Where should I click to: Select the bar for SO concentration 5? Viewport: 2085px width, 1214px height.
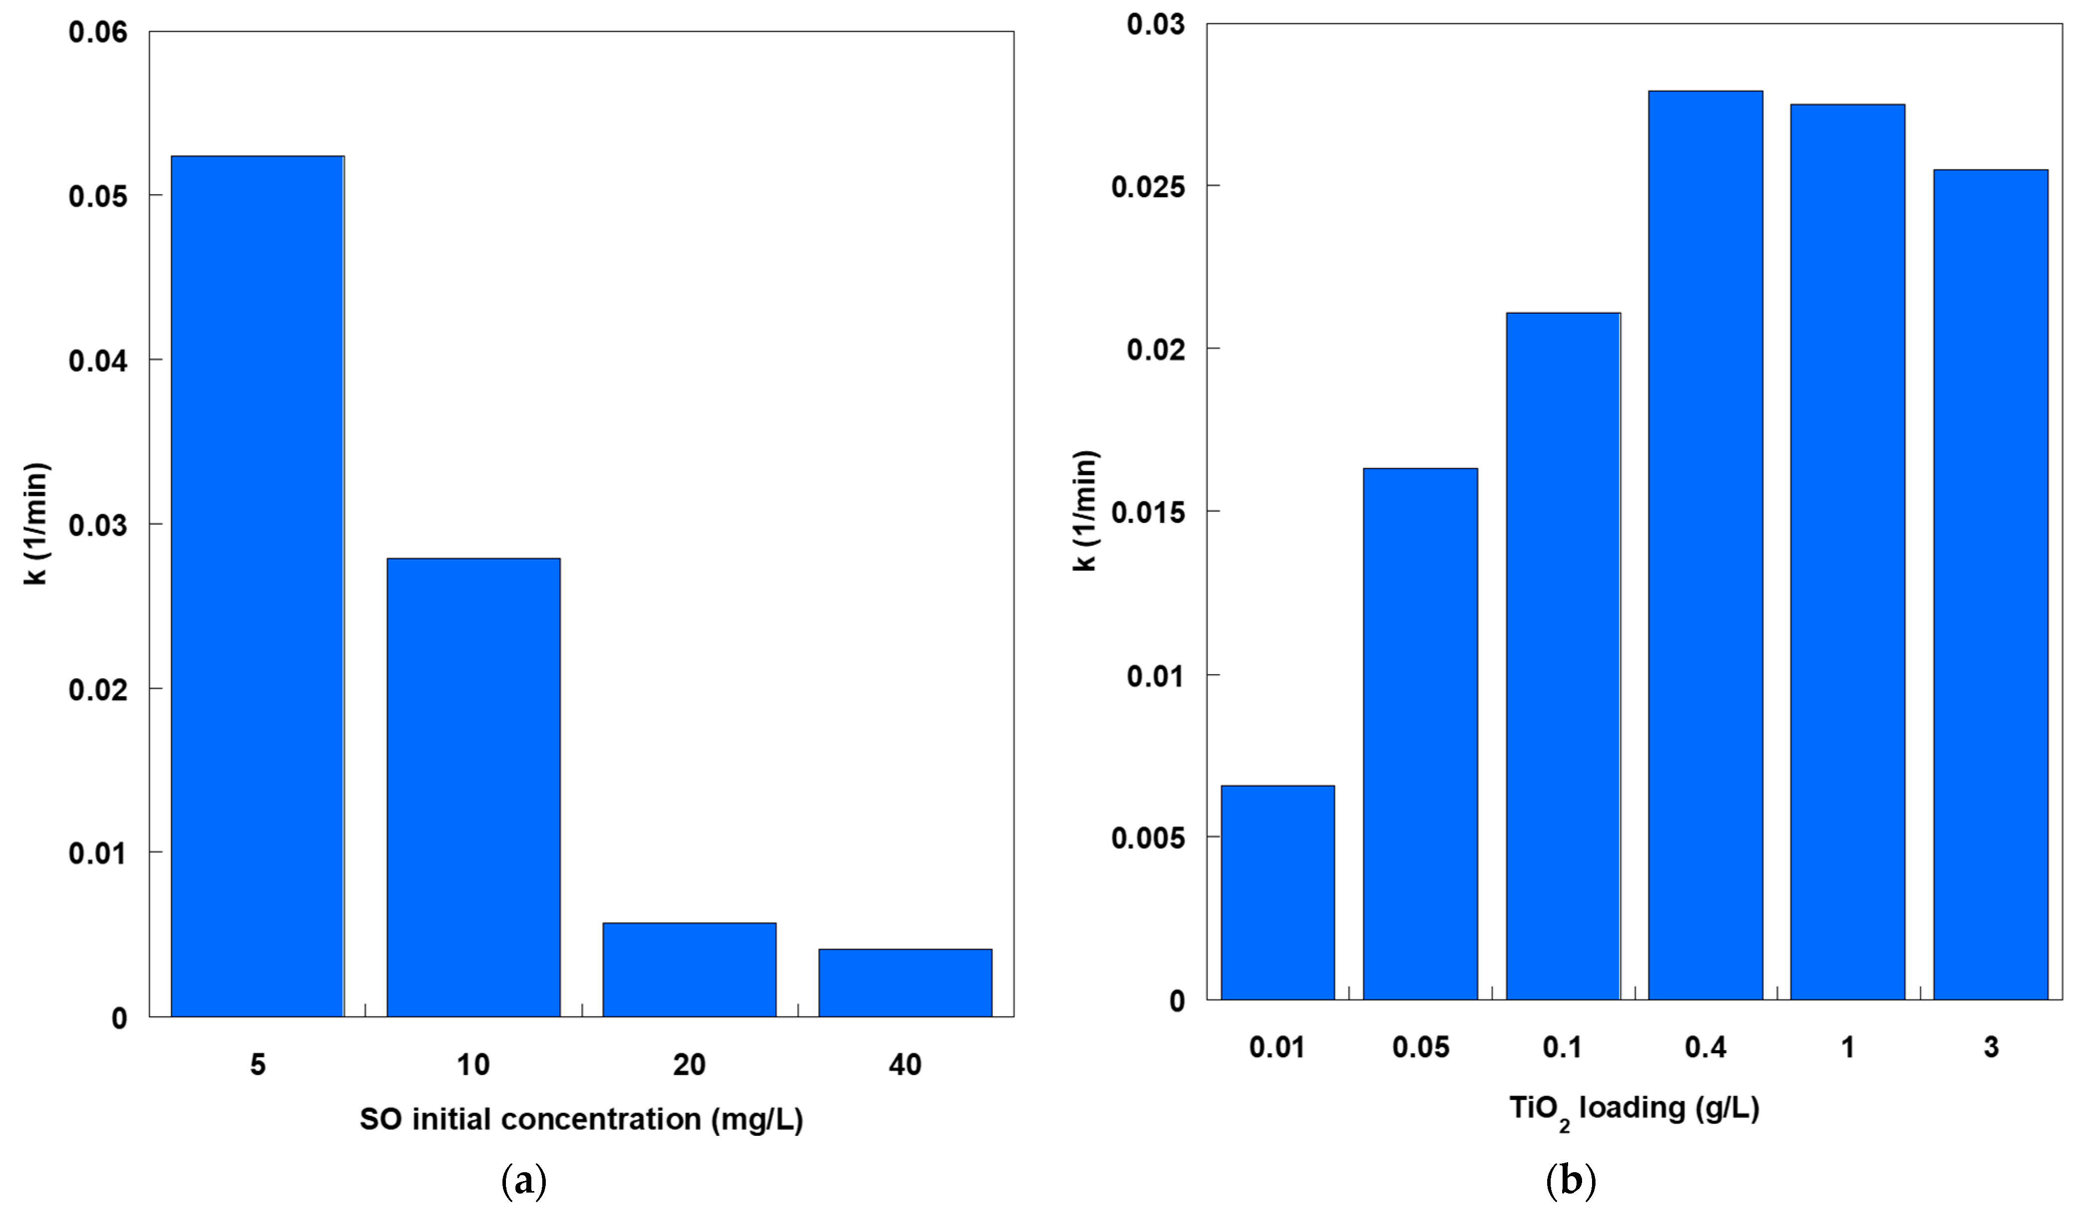[257, 586]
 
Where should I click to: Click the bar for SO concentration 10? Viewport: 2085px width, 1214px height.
[473, 787]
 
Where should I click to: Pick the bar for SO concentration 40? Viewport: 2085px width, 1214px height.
[905, 982]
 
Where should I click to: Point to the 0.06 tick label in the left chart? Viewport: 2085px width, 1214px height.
[98, 32]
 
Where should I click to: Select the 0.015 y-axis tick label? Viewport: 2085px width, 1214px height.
[1148, 512]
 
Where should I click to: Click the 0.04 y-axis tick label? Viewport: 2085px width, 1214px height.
[98, 361]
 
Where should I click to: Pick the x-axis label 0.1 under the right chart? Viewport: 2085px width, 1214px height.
[1562, 1048]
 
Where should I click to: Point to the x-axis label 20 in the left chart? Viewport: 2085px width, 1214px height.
[689, 1064]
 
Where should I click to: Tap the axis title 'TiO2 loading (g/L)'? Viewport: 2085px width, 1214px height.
[1634, 1109]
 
